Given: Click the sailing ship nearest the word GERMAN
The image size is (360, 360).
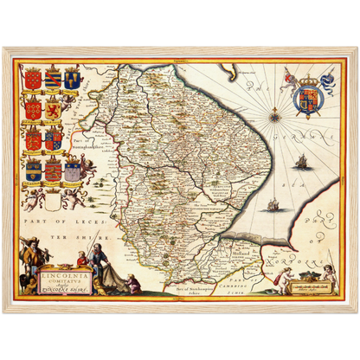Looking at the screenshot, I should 301,162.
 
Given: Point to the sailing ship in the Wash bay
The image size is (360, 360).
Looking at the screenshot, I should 273,205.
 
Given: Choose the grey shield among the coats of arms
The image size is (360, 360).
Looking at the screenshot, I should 73,170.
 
